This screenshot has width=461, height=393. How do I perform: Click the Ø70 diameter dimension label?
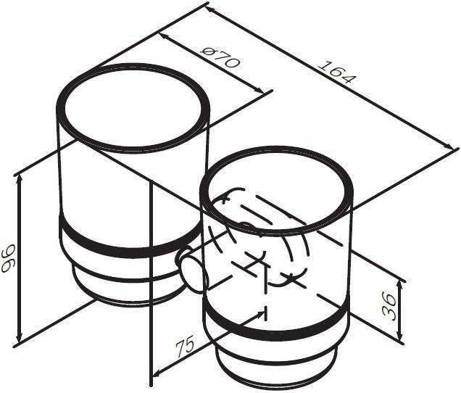[x=220, y=58]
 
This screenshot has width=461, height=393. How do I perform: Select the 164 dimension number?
[x=337, y=72]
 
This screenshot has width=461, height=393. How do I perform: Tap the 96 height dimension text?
[x=9, y=257]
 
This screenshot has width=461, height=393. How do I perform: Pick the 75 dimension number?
[x=186, y=344]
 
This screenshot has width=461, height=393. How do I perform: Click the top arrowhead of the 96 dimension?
[x=20, y=178]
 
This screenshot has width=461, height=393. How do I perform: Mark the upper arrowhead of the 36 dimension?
[x=399, y=284]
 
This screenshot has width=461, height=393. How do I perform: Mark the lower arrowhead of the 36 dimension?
[x=399, y=336]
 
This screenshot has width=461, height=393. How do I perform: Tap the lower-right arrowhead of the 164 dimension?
[x=449, y=146]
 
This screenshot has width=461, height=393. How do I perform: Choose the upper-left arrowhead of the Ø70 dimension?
[x=165, y=36]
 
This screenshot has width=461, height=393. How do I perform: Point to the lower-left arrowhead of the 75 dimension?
[x=157, y=373]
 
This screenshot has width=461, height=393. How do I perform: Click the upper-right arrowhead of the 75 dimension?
[x=259, y=314]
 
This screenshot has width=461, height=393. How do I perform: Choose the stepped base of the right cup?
[x=277, y=365]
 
